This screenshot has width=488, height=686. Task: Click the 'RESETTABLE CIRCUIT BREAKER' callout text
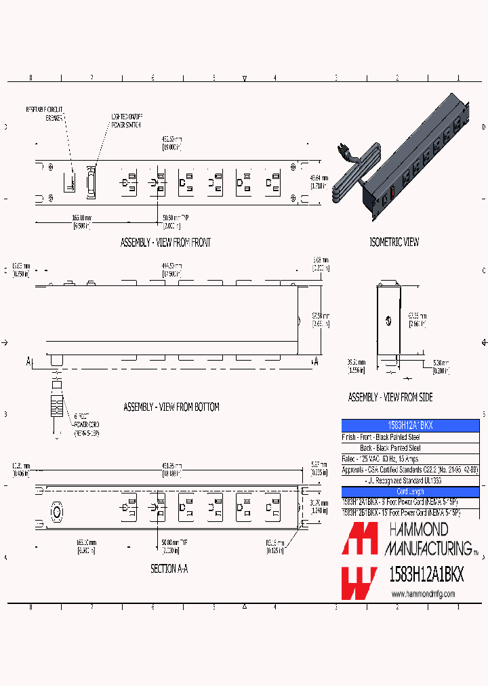point(45,113)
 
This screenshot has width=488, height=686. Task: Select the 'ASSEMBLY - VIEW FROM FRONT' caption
point(165,243)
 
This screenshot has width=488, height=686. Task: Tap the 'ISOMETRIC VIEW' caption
point(394,242)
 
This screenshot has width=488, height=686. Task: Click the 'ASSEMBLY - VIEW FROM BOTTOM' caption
point(171,407)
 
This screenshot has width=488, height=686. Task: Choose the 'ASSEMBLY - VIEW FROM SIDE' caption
point(390,397)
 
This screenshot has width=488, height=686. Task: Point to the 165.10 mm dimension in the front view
point(83,221)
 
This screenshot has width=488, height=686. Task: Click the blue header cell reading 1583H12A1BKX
point(410,426)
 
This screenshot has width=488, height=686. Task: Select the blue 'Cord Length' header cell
point(410,491)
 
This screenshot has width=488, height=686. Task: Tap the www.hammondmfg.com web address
point(423,594)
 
